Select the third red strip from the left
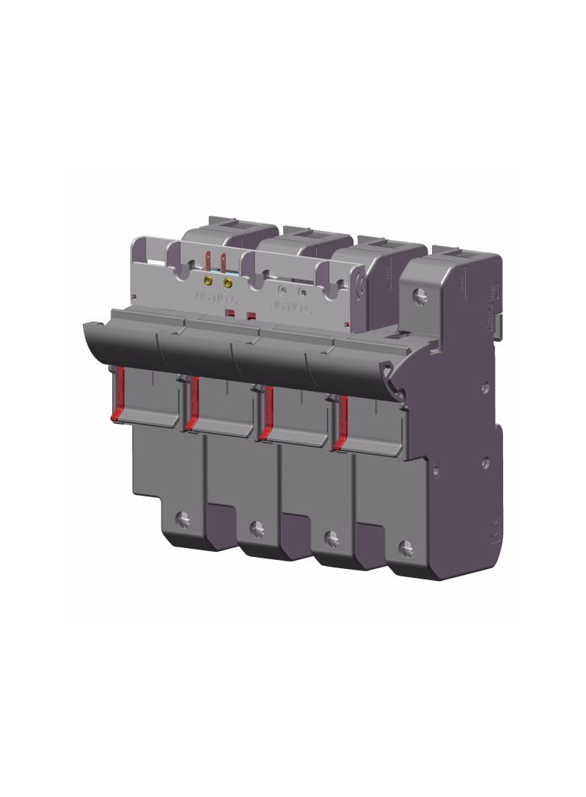coord(268,411)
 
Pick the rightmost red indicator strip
coord(342,422)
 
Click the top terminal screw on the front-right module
coord(421,296)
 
